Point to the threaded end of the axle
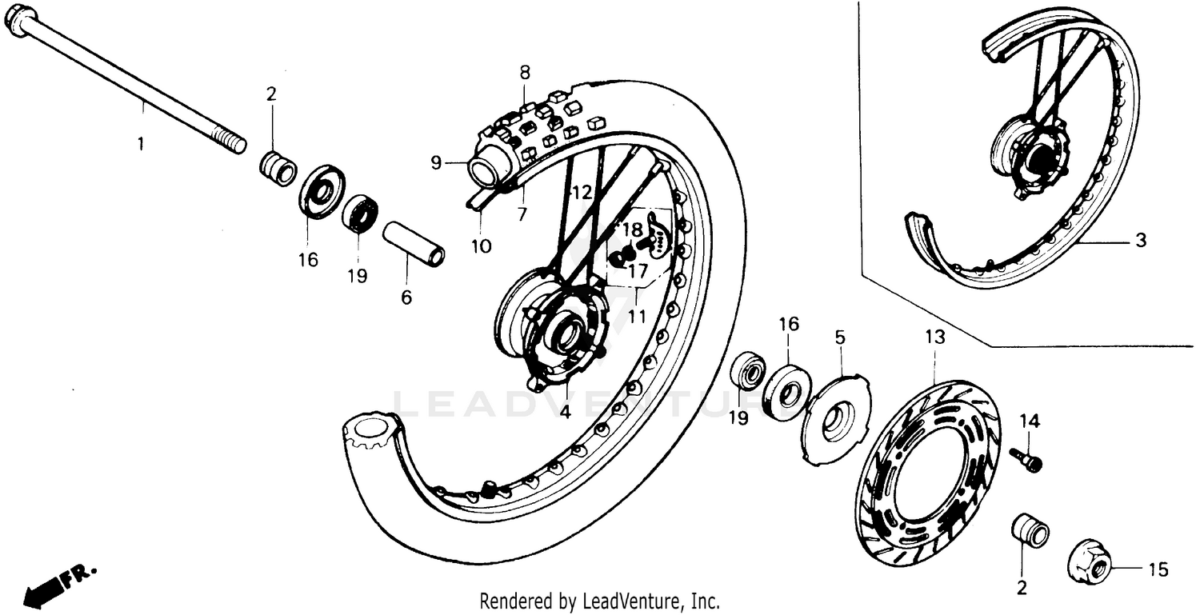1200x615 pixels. pos(234,144)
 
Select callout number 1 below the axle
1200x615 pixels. pos(141,145)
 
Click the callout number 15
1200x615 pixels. pos(1157,570)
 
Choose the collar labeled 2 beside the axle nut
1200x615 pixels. pos(1030,531)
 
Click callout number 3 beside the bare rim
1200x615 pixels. pos(1140,239)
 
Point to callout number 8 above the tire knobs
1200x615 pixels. pos(524,72)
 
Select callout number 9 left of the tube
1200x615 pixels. pos(436,163)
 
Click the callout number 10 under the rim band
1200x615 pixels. pos(480,246)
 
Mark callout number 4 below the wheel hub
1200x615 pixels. pos(565,413)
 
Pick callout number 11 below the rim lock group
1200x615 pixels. pos(636,316)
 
